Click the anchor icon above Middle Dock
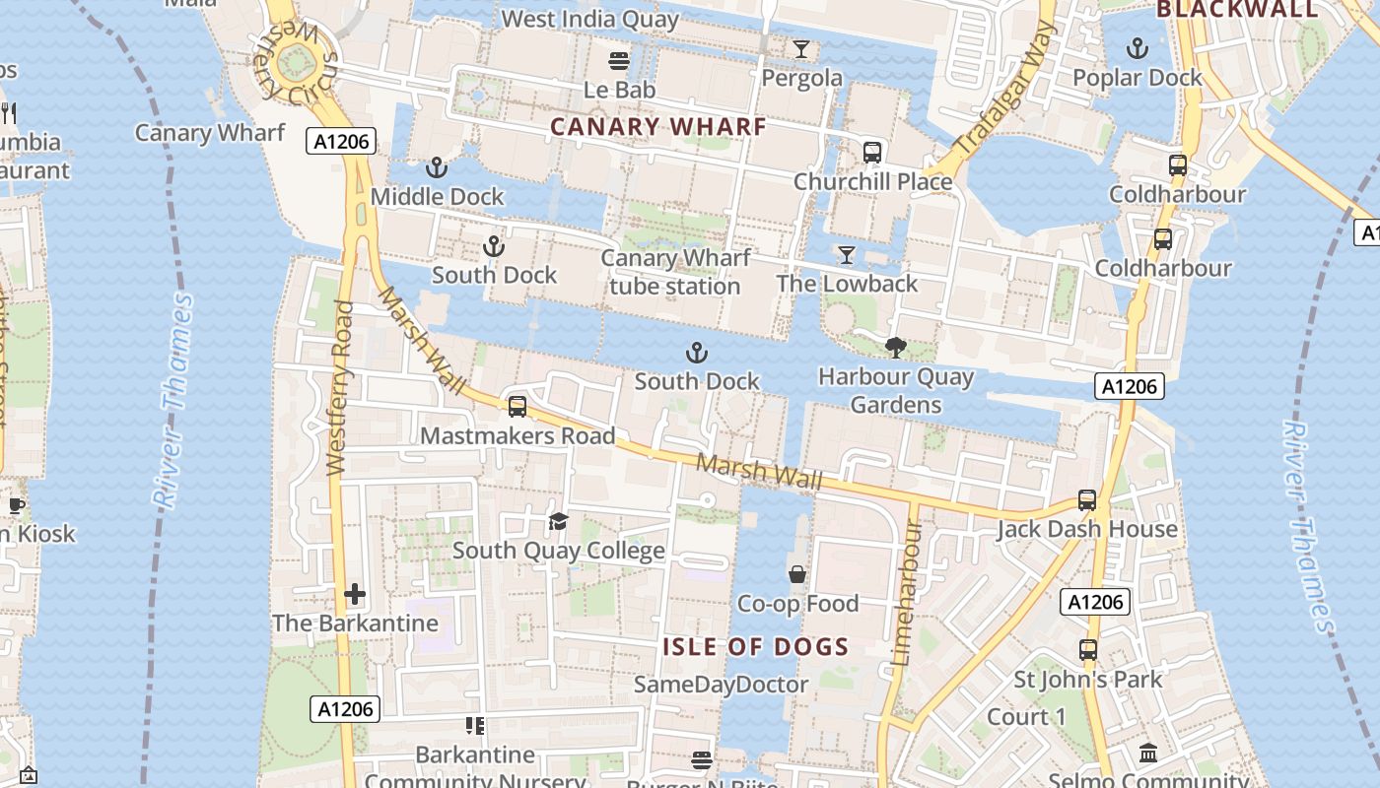[x=437, y=167]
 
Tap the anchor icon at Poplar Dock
[x=1138, y=47]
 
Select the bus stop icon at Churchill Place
[x=872, y=152]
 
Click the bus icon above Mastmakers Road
[x=517, y=406]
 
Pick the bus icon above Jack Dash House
[x=1087, y=500]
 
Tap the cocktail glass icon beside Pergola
[x=800, y=48]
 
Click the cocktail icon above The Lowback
[x=846, y=255]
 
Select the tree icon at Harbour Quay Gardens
[x=895, y=347]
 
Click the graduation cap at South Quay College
[x=558, y=521]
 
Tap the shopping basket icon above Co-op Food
[x=797, y=573]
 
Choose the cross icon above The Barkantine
[x=355, y=594]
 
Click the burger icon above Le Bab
[x=619, y=61]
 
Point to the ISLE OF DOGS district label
[x=755, y=647]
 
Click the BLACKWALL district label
[x=1237, y=10]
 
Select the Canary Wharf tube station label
[x=675, y=273]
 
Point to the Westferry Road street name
[x=339, y=389]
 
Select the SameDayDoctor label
[x=721, y=684]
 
